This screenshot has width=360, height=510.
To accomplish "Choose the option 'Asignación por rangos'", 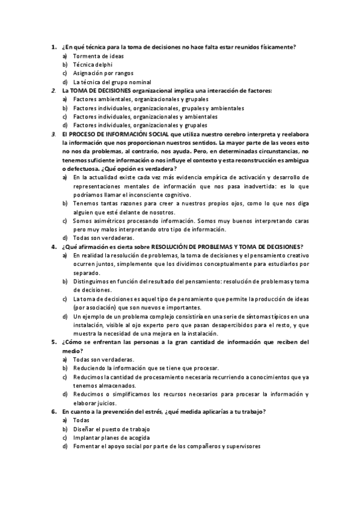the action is [x=99, y=73].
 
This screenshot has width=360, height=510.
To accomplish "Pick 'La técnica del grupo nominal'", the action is [x=111, y=82].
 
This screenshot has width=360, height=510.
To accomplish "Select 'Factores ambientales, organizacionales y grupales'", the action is [x=141, y=99].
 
